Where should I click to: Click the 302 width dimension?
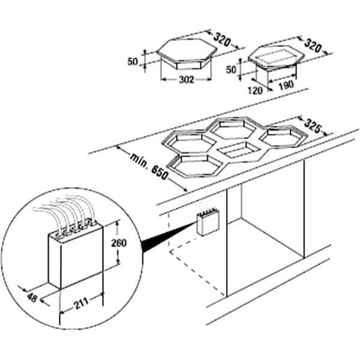pyautogui.click(x=187, y=79)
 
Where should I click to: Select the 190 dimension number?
pyautogui.click(x=286, y=85)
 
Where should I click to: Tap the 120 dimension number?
pyautogui.click(x=255, y=91)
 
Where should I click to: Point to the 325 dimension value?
pyautogui.click(x=312, y=126)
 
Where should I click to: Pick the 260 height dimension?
pyautogui.click(x=119, y=243)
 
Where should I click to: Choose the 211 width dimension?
pyautogui.click(x=81, y=304)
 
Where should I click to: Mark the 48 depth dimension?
pyautogui.click(x=32, y=298)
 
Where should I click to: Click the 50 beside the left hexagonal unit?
pyautogui.click(x=133, y=62)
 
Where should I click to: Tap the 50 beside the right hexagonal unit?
pyautogui.click(x=232, y=70)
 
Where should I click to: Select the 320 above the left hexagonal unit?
pyautogui.click(x=221, y=40)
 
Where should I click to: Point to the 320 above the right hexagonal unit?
pyautogui.click(x=313, y=46)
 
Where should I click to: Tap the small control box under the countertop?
pyautogui.click(x=208, y=222)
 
